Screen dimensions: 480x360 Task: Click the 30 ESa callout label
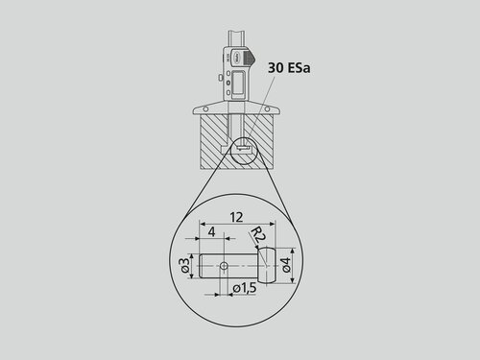(289, 68)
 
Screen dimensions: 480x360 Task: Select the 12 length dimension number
(236, 217)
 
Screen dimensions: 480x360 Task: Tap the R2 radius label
(258, 235)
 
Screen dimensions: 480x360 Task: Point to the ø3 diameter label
(184, 265)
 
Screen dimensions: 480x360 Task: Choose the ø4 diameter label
(286, 265)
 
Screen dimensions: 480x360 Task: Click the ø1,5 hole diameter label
(245, 288)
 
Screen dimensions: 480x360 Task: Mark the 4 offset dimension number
(211, 231)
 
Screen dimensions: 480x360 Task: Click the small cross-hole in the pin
(225, 265)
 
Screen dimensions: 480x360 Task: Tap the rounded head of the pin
(267, 265)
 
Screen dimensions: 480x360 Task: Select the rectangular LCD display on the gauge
(238, 83)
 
